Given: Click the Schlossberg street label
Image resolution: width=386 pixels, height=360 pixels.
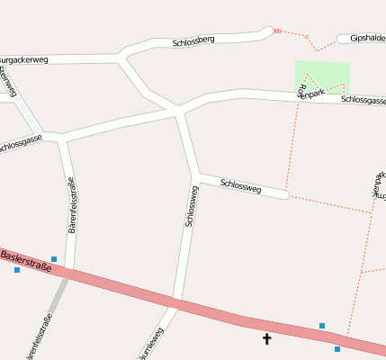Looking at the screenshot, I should (193, 41).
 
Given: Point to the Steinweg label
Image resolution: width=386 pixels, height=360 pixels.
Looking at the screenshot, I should (8, 81).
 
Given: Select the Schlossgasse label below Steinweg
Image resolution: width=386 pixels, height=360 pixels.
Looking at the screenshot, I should (20, 142).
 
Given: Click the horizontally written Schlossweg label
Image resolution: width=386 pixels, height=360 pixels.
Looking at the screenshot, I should (240, 186).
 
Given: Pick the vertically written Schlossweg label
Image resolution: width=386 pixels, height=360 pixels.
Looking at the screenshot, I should (190, 205).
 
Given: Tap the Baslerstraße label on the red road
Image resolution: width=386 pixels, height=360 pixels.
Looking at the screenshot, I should (27, 261).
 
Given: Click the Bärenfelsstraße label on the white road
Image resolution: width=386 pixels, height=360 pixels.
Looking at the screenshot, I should (72, 205).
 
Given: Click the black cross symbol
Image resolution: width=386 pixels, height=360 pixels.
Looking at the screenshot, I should (266, 338).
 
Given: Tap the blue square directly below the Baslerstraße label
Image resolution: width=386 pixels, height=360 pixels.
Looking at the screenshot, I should (16, 270).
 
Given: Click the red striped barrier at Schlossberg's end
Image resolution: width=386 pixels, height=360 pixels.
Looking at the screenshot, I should (277, 31).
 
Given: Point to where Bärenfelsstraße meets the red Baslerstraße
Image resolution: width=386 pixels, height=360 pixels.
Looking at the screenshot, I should (67, 272).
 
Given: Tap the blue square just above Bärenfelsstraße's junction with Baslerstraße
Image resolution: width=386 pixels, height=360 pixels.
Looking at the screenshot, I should (54, 259).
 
